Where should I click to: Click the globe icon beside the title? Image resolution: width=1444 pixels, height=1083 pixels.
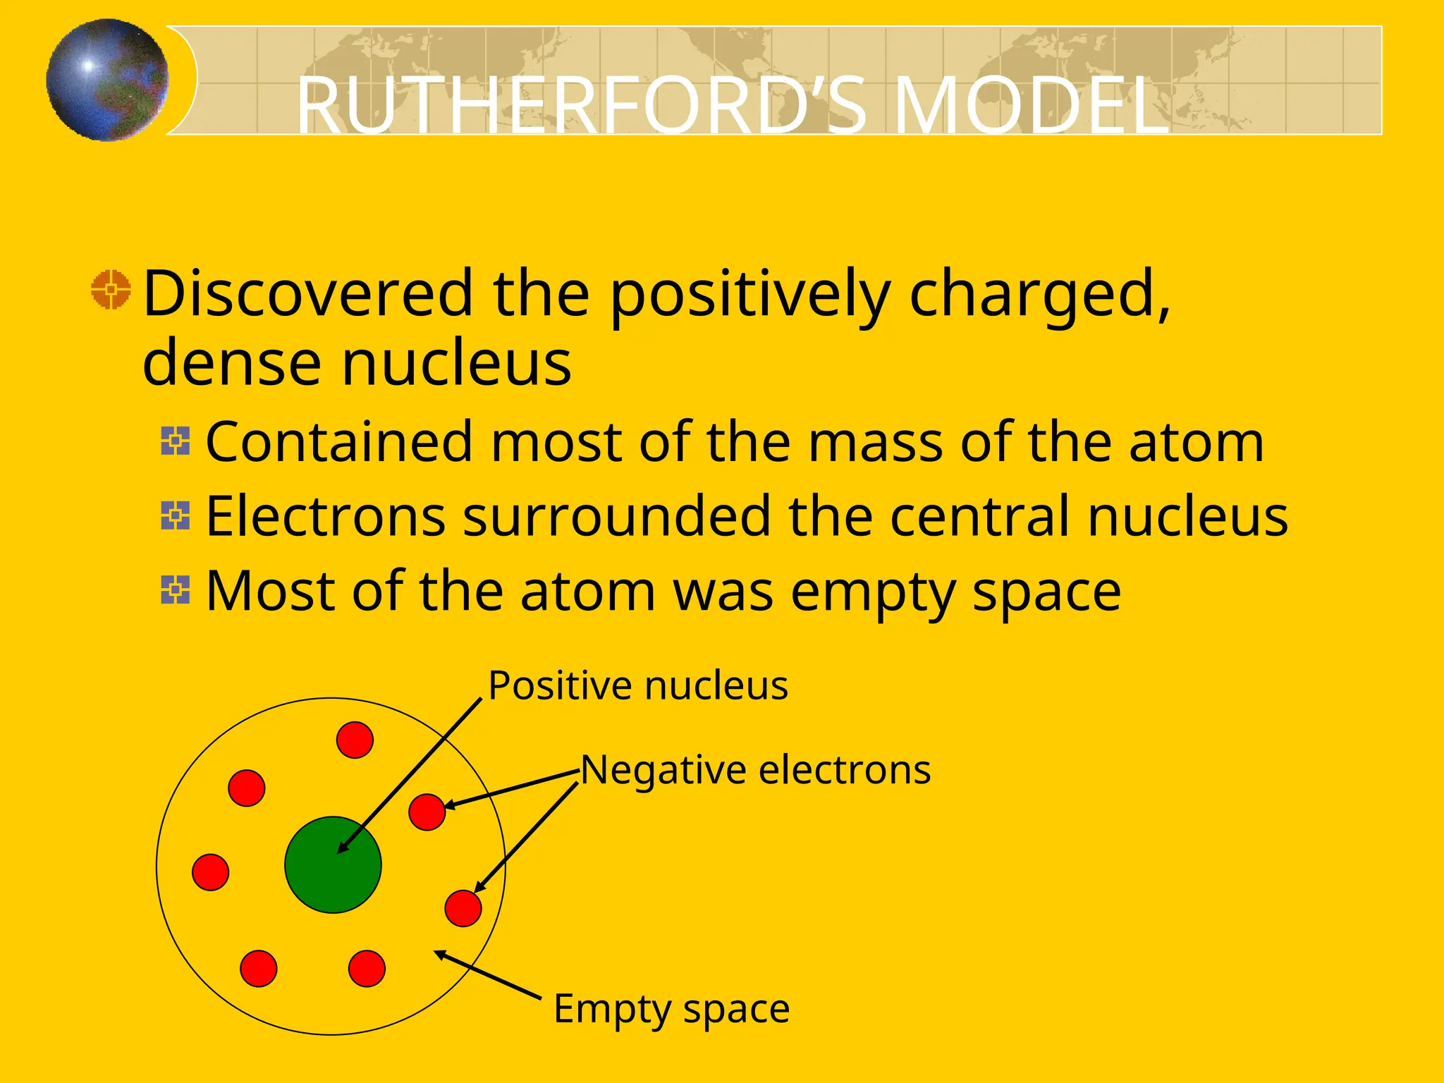pos(108,80)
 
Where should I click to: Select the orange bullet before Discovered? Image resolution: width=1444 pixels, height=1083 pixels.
pos(111,289)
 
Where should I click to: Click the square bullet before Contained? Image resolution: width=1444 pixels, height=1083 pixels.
pos(176,441)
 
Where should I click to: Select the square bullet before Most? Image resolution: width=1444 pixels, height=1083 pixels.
pos(176,590)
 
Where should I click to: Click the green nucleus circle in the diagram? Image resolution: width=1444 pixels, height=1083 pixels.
pos(333,864)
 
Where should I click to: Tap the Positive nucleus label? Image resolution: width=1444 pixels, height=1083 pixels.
pos(638,685)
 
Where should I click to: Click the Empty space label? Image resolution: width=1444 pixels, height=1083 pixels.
pos(671,1008)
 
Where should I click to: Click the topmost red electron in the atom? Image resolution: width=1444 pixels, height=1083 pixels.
pos(355,740)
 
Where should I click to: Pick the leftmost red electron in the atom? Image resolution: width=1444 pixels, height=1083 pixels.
pos(211,872)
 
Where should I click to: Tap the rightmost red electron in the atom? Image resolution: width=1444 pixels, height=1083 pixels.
pos(463,908)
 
